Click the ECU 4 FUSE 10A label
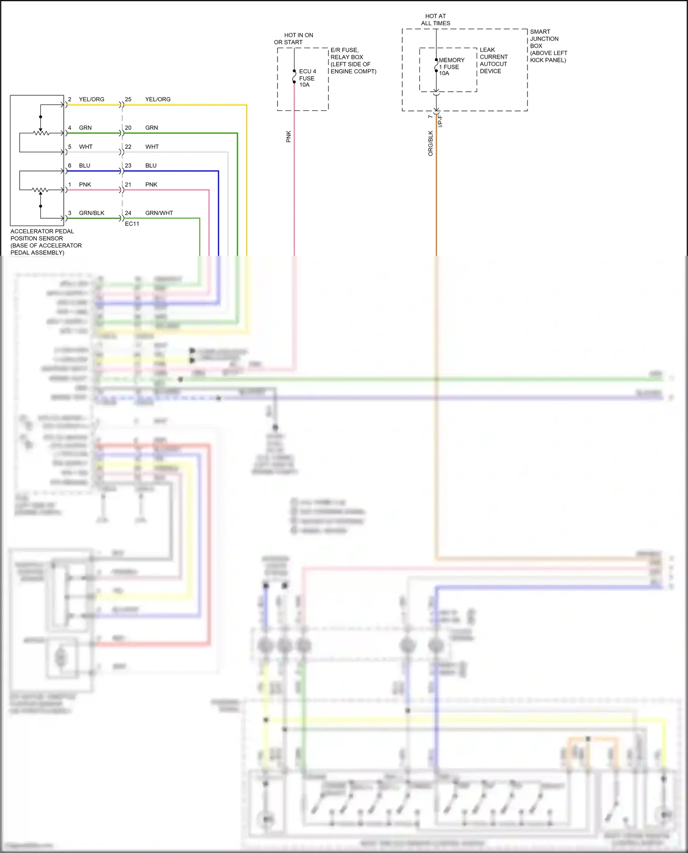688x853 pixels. [307, 78]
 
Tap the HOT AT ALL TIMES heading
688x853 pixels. [435, 20]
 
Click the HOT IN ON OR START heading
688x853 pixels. [294, 39]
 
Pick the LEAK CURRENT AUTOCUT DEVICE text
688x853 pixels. [493, 61]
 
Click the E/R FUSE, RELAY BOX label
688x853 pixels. [353, 61]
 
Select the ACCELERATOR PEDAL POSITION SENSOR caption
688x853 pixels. [46, 242]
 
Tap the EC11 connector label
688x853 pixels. [132, 224]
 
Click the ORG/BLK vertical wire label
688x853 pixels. [430, 143]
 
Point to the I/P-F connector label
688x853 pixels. [440, 121]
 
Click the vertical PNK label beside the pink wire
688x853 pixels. [289, 136]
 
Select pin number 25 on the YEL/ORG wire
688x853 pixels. [128, 99]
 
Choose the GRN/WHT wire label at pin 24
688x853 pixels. [159, 213]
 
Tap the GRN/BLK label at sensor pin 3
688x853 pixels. [91, 213]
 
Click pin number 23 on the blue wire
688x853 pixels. [128, 166]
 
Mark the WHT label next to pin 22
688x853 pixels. [152, 147]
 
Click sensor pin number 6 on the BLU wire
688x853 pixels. [70, 166]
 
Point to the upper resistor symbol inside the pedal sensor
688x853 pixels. [41, 133]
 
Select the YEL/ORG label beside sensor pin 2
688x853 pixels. [91, 99]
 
